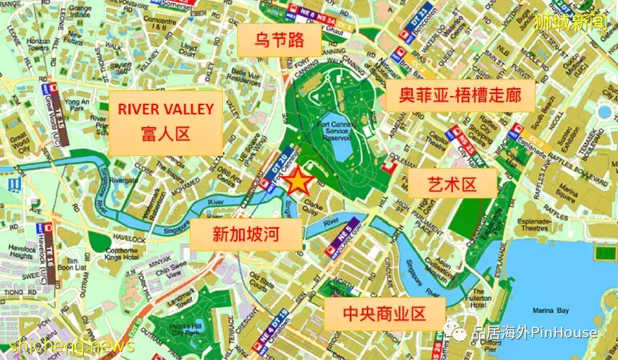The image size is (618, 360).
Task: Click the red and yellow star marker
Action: pyautogui.click(x=298, y=183)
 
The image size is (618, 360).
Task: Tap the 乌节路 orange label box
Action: pyautogui.click(x=279, y=40)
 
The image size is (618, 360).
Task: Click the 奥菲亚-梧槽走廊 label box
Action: pyautogui.click(x=460, y=95)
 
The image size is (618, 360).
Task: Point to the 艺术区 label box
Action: pyautogui.click(x=452, y=185)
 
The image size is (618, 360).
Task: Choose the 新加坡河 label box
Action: pyautogui.click(x=246, y=234)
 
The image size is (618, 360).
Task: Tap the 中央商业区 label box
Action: pyautogui.click(x=384, y=313)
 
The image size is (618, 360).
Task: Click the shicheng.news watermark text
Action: pyautogui.click(x=71, y=346)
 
